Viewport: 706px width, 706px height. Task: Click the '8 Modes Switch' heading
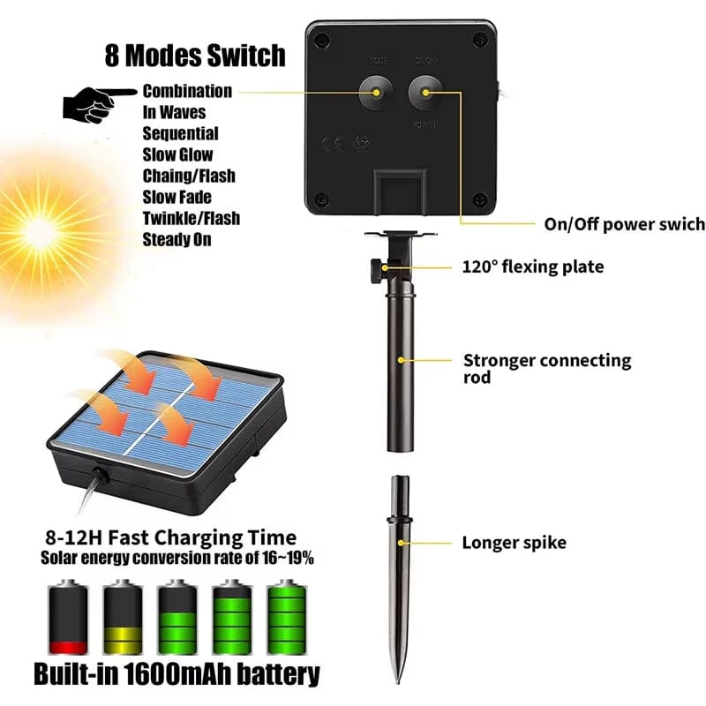(196, 55)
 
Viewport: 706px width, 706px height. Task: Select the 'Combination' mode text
(187, 91)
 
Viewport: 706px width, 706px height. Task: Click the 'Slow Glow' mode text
(177, 154)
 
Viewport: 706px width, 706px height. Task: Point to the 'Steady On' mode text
(176, 239)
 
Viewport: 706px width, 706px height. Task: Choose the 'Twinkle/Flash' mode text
(191, 218)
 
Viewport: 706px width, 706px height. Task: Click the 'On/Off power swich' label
(624, 224)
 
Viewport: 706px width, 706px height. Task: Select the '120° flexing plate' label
(533, 267)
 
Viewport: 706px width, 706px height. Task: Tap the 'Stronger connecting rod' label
(547, 368)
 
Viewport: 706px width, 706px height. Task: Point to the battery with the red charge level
(68, 618)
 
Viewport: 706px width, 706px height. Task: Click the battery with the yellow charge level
(123, 618)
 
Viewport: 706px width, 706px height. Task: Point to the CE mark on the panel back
(332, 144)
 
